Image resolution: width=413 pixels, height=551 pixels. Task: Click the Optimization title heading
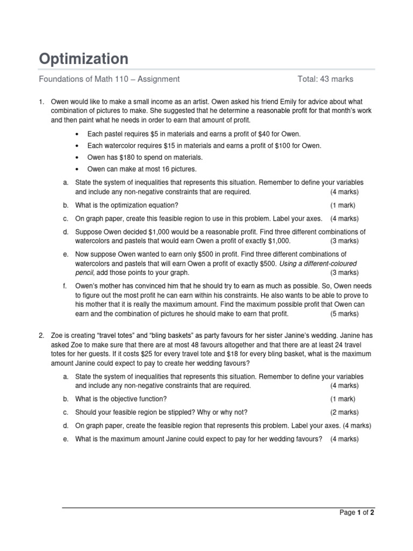coord(83,59)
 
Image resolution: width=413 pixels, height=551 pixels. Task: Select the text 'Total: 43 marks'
coord(325,79)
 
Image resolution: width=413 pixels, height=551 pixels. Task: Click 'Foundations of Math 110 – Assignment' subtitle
coord(109,79)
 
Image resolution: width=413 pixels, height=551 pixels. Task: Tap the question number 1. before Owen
coord(42,101)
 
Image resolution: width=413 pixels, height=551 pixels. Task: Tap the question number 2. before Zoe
coord(42,336)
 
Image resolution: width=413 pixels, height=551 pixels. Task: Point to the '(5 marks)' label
coord(344,314)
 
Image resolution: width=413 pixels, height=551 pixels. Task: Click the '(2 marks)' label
coord(344,412)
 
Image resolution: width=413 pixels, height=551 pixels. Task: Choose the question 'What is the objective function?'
coord(121,399)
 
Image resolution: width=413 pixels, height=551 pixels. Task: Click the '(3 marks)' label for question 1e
coord(344,272)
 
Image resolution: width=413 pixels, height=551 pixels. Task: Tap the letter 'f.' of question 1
coord(65,286)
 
